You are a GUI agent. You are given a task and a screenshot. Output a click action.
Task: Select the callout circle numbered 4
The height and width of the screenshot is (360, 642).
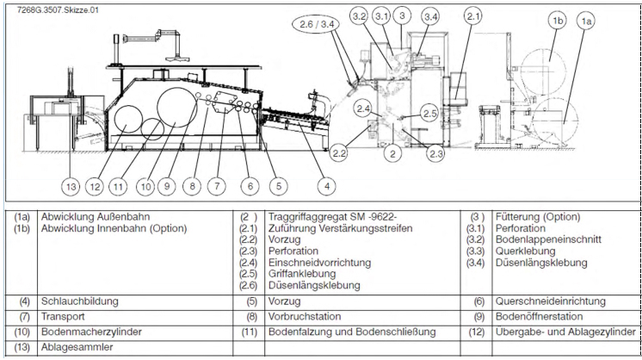pyautogui.click(x=327, y=184)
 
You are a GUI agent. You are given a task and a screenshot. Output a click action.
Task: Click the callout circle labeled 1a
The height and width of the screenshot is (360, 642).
pyautogui.click(x=588, y=19)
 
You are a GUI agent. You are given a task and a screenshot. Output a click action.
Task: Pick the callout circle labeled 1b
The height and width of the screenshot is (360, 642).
pyautogui.click(x=559, y=20)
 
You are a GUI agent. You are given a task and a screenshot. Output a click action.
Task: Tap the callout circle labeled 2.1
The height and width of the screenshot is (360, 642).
pyautogui.click(x=473, y=16)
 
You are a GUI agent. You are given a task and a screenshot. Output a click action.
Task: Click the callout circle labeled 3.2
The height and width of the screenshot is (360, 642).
pyautogui.click(x=359, y=16)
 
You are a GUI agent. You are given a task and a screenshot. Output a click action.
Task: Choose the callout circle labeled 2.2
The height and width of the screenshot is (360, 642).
pyautogui.click(x=339, y=153)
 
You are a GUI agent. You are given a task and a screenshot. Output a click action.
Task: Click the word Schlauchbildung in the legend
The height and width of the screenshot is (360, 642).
pyautogui.click(x=80, y=301)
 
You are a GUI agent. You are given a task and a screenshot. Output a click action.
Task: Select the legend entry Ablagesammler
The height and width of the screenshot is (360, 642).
pyautogui.click(x=71, y=346)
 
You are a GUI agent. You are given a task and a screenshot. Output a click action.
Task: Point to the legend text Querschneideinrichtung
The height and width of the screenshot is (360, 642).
pyautogui.click(x=551, y=301)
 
